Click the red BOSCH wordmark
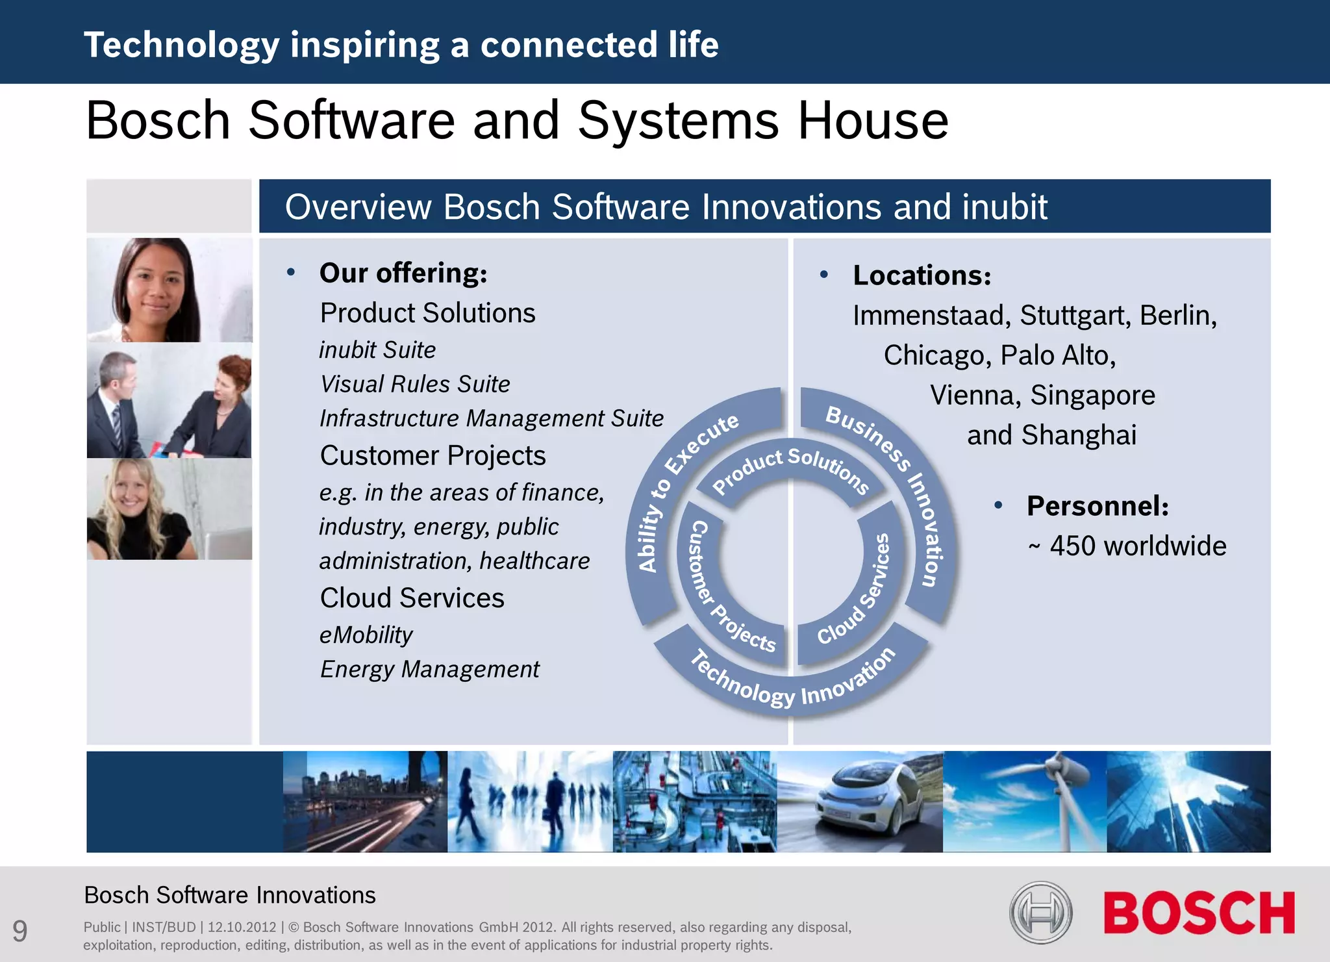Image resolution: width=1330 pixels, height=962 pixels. click(1198, 913)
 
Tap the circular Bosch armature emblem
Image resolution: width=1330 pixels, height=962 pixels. click(1040, 913)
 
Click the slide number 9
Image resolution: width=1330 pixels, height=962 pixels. click(20, 931)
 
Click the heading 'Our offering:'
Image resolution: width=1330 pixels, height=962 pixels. click(403, 273)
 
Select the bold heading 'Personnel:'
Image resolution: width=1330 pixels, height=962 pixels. click(1098, 506)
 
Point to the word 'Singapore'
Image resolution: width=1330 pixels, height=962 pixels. click(1093, 395)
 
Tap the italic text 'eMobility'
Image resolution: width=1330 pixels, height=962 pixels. click(366, 635)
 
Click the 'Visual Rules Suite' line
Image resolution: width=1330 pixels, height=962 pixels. click(415, 384)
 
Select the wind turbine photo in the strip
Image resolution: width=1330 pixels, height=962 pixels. click(1024, 802)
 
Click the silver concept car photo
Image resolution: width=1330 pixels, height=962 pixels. click(860, 802)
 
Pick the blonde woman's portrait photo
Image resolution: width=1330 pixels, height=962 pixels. click(169, 509)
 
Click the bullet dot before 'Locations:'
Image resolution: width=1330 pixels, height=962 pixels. click(824, 275)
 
